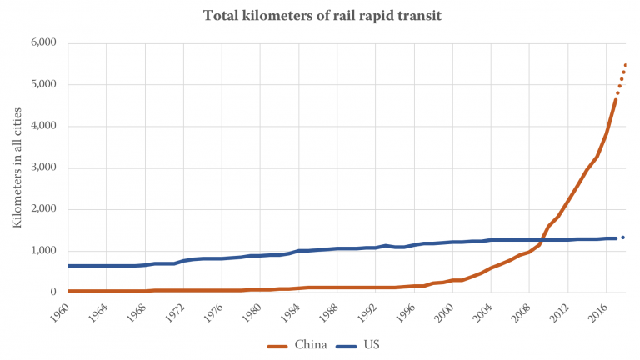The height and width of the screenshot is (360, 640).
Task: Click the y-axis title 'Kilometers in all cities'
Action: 17,167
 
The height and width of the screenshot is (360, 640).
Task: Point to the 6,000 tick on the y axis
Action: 42,42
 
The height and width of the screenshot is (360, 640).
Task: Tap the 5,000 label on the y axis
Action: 42,84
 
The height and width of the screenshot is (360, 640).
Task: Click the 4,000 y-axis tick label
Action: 42,126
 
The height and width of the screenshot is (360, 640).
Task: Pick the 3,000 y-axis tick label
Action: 42,167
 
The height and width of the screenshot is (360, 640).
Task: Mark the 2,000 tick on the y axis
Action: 42,209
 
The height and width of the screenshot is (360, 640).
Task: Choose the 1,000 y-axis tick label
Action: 42,251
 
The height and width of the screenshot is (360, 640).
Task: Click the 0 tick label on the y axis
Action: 52,292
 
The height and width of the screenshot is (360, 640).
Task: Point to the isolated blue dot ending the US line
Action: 623,237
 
